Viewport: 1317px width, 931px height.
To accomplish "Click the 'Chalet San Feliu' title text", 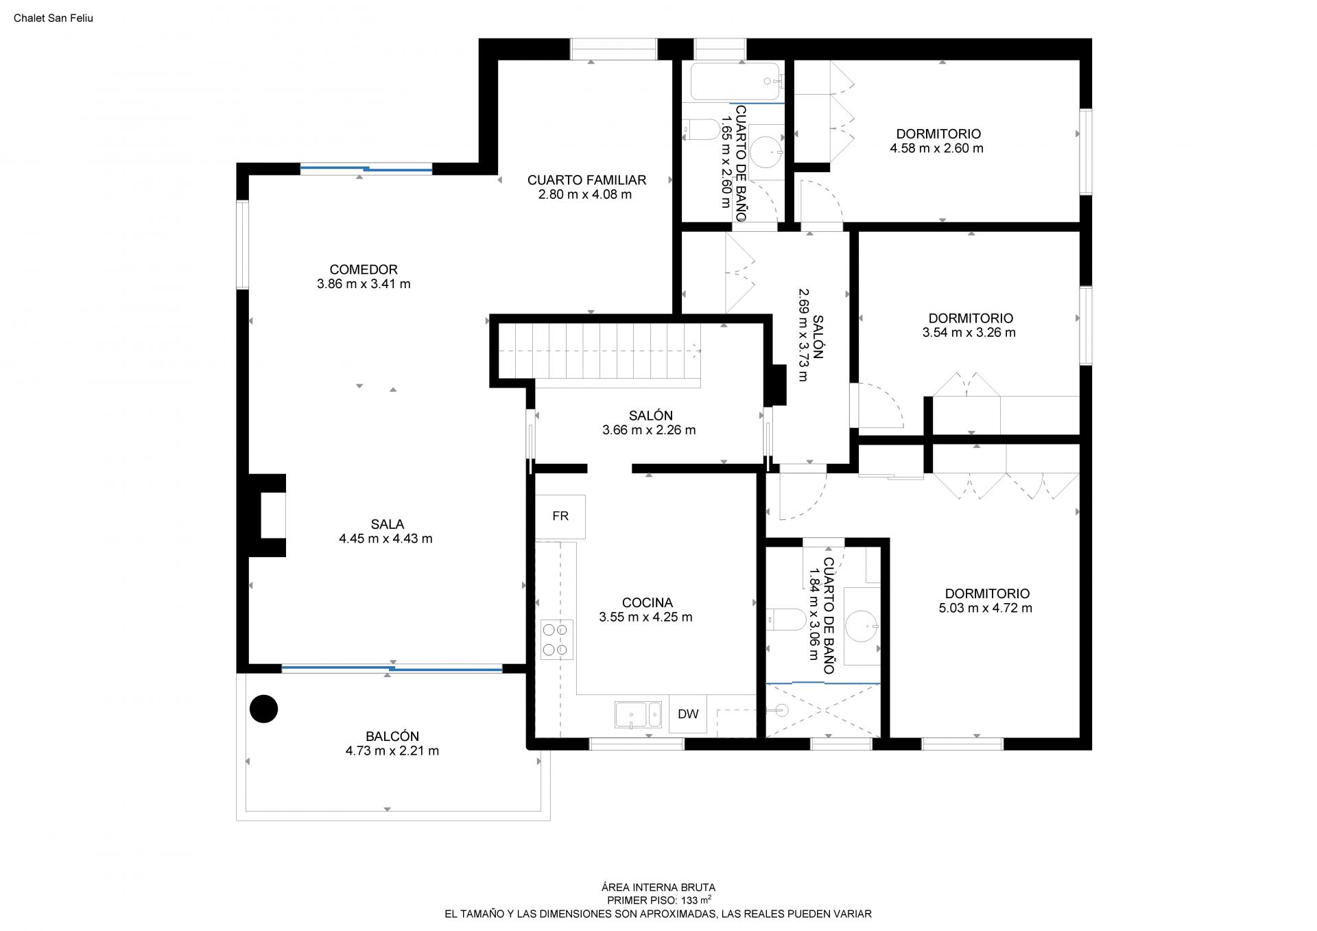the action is pos(54,19).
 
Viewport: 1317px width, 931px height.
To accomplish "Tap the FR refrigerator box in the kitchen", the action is pos(560,516).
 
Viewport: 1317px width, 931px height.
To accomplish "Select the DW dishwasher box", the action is pos(688,714).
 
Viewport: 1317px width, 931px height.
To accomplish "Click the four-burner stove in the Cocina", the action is pos(556,639).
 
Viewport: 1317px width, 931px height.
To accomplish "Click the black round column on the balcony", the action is pos(263,709).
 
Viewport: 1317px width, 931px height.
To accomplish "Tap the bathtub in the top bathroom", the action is pos(736,82).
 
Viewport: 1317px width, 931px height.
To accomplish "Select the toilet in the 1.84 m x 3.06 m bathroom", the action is pos(786,620).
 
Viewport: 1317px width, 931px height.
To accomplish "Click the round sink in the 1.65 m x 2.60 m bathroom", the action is pos(766,152).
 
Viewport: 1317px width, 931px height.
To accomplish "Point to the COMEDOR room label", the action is pos(364,270).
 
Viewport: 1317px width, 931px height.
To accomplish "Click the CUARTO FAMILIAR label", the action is pos(586,180).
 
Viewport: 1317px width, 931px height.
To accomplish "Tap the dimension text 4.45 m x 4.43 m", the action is pos(385,539).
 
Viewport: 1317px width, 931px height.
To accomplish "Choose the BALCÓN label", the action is pos(392,736).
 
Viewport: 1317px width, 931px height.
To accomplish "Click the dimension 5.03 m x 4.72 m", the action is pos(985,608).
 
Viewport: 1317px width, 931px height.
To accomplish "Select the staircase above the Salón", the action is pos(599,351).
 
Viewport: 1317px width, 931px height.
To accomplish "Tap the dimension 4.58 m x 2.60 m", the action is pos(937,148).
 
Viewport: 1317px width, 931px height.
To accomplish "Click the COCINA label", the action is pos(647,603).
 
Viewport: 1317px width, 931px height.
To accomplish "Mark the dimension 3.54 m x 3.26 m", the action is pos(969,333).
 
